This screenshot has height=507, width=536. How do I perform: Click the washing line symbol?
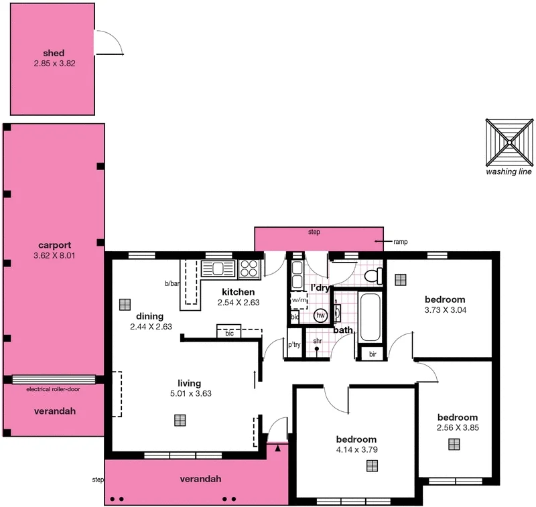(510, 142)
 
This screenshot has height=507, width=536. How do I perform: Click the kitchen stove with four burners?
(249, 269)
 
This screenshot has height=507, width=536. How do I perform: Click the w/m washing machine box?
(298, 300)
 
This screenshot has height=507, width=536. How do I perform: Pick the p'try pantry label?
(294, 346)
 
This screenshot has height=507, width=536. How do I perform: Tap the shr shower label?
(318, 340)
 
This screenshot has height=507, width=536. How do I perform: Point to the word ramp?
(401, 242)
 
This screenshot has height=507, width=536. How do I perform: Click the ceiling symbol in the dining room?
(125, 304)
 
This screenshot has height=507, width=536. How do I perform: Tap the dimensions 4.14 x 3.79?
(357, 449)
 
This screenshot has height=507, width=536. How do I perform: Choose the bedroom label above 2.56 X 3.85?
(457, 417)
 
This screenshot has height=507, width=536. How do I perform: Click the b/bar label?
(172, 283)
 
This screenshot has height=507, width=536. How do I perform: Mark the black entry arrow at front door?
(277, 447)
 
